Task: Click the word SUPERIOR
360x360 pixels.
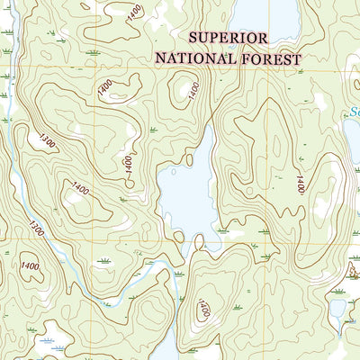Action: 228,38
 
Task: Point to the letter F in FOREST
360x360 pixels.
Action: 244,58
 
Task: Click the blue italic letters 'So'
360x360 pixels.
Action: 352,114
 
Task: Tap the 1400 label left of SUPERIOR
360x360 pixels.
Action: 134,13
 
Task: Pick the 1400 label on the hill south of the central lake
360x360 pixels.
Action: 204,311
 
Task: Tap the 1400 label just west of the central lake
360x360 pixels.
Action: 128,164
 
